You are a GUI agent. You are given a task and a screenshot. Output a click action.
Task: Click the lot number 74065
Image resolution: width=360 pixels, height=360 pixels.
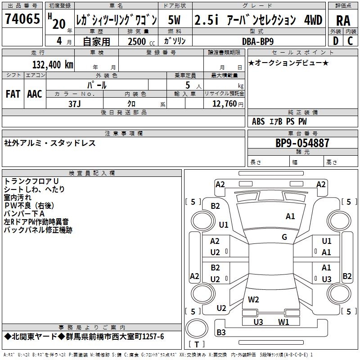click(x=22, y=20)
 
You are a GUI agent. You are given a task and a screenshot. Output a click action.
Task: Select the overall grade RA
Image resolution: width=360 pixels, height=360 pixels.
click(x=343, y=21)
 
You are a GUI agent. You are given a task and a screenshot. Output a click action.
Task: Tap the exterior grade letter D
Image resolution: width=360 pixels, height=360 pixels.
click(x=335, y=41)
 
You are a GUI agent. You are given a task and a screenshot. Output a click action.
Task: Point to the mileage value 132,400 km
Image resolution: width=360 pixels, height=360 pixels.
click(x=53, y=64)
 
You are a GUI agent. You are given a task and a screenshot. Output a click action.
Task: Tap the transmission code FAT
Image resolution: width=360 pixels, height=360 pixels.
click(x=13, y=94)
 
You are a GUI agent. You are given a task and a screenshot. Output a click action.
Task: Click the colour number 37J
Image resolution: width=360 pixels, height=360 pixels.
click(x=75, y=103)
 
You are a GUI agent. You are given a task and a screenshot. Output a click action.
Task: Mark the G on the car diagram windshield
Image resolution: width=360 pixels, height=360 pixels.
click(x=284, y=237)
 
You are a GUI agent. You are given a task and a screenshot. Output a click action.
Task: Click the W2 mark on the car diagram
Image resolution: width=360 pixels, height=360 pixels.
click(x=254, y=299)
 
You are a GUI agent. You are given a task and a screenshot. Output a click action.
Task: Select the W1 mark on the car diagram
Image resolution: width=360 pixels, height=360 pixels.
click(x=283, y=322)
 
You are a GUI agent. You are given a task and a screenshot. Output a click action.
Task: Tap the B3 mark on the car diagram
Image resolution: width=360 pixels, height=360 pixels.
click(x=221, y=333)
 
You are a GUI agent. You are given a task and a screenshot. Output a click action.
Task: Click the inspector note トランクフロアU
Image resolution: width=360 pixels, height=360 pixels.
click(x=31, y=181)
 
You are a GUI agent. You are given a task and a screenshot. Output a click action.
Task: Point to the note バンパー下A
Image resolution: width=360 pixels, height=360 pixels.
click(x=24, y=214)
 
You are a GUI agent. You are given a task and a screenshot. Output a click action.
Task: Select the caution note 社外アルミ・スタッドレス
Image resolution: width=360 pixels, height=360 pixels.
click(x=49, y=144)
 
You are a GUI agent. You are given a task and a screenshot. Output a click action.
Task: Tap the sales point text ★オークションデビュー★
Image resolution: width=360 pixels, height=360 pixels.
click(x=288, y=63)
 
